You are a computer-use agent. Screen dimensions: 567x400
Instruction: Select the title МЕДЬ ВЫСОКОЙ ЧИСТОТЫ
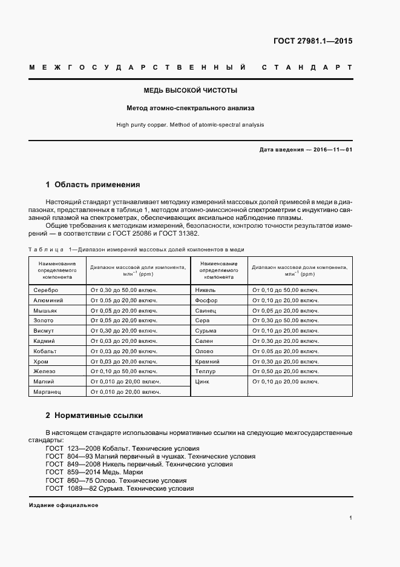(190, 90)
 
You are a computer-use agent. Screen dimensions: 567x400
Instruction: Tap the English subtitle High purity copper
(190, 125)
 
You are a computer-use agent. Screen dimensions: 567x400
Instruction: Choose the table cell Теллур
(206, 371)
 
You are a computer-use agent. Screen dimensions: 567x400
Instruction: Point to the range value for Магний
(126, 382)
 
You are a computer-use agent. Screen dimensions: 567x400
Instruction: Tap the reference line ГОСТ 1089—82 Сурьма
(120, 488)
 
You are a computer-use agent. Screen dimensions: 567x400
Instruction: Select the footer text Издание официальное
(64, 505)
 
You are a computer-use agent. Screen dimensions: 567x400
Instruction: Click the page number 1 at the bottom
(350, 518)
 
